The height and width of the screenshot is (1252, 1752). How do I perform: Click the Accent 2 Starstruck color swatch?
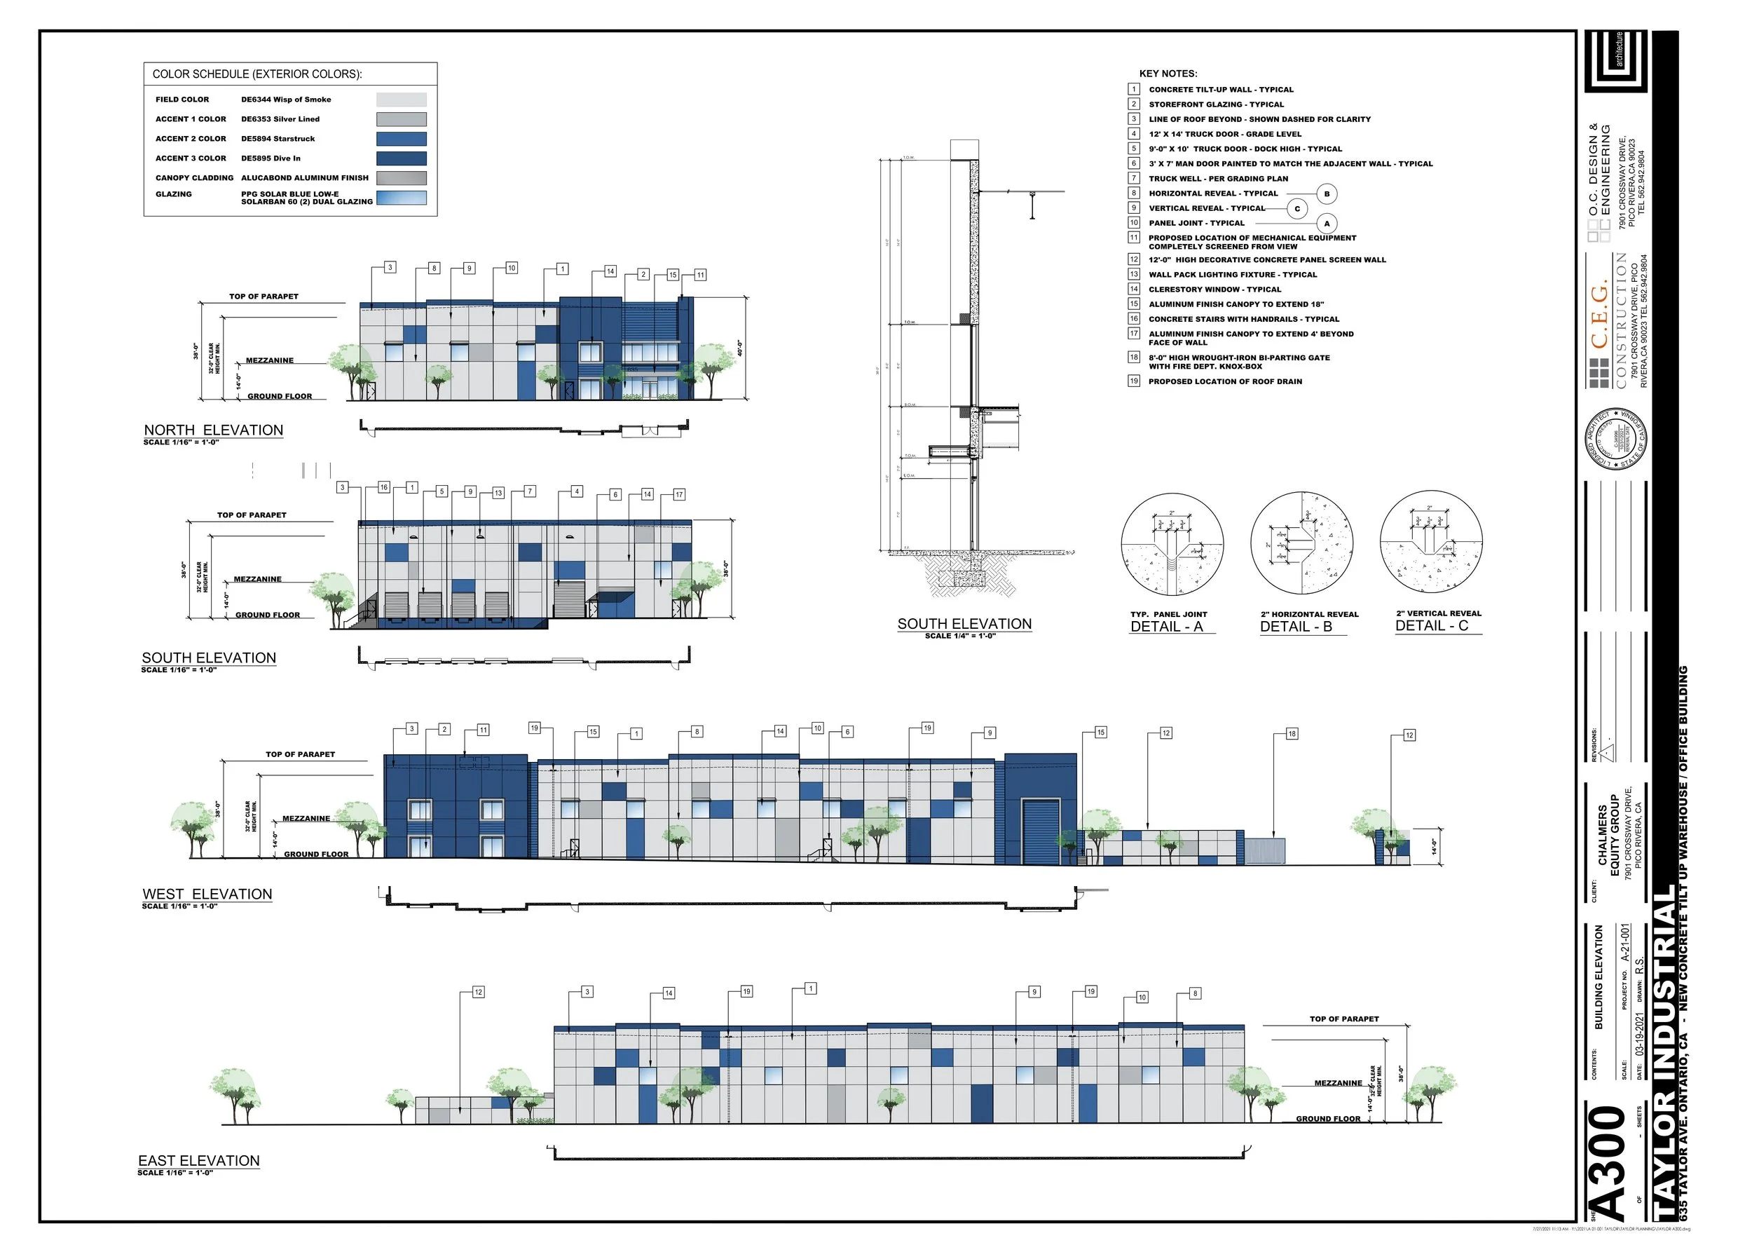click(401, 139)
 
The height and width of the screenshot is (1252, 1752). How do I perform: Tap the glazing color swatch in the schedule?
click(401, 198)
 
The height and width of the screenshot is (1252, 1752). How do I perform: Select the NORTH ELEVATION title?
click(214, 430)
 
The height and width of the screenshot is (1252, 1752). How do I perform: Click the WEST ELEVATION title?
click(207, 894)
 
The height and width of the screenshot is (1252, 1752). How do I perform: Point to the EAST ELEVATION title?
click(199, 1161)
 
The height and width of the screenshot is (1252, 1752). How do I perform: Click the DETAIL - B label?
click(1296, 627)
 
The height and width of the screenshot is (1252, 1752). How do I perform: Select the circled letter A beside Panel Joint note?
click(1327, 224)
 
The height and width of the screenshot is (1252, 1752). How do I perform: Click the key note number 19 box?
click(1134, 381)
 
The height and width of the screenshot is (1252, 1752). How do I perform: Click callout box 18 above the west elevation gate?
click(1292, 734)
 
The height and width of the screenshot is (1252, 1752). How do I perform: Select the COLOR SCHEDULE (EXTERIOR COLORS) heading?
click(256, 75)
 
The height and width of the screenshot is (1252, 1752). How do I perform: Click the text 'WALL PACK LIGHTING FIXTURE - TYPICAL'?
click(1233, 275)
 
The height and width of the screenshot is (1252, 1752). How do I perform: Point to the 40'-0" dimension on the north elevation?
click(739, 348)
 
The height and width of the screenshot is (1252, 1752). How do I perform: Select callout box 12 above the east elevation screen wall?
click(478, 992)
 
